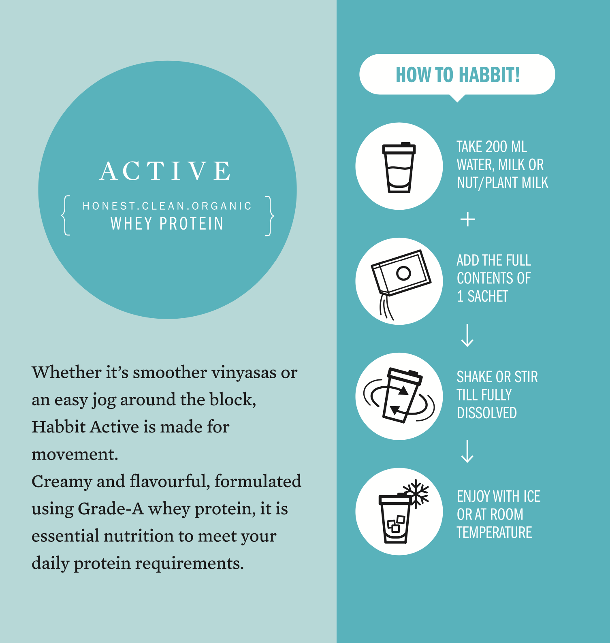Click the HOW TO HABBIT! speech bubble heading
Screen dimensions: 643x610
tap(457, 75)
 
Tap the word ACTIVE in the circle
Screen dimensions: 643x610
tap(166, 170)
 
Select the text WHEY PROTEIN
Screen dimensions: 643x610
tap(167, 224)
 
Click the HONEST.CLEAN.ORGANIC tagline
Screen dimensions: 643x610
tap(167, 206)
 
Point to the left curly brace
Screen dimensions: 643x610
tap(66, 215)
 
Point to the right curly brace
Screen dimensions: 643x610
tap(269, 215)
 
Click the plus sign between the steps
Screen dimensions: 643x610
tap(467, 219)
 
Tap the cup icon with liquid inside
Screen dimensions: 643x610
tap(399, 167)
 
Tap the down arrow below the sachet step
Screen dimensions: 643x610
tap(467, 335)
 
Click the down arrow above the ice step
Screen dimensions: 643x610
tap(467, 451)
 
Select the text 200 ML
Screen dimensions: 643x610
tap(506, 147)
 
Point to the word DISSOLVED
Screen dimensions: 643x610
tap(486, 413)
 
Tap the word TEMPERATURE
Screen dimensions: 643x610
tap(494, 532)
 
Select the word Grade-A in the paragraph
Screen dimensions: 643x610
tap(111, 509)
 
